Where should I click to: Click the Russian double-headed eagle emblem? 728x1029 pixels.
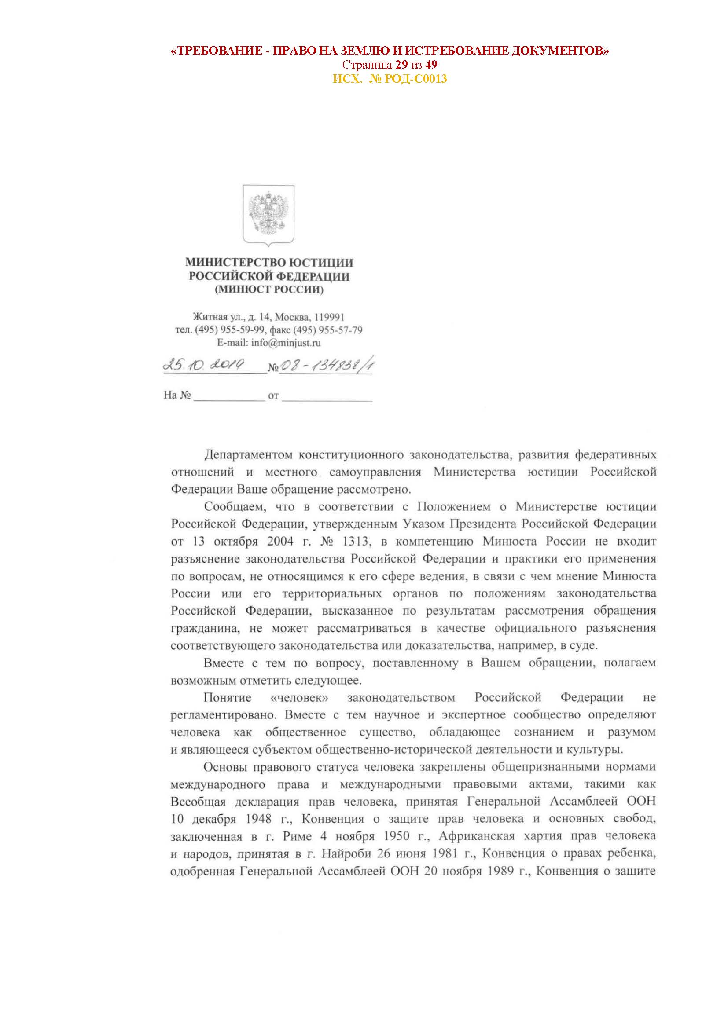268,214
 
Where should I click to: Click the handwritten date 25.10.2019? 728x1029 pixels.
203,365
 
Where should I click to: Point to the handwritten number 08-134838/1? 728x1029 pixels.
326,366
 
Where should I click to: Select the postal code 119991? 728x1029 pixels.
329,317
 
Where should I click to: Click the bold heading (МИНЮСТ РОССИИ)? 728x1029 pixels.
269,289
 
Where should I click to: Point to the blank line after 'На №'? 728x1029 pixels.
229,396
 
